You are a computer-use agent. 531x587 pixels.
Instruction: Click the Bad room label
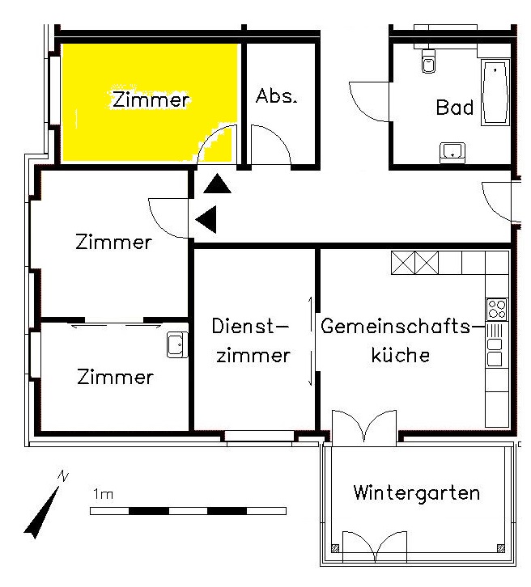pos(455,107)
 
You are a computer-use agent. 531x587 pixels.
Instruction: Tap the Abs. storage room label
pos(277,96)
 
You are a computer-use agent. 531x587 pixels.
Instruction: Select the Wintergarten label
pos(416,492)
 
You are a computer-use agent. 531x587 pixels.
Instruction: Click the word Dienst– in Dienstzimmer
pos(250,326)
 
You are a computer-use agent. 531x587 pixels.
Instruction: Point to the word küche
pos(400,354)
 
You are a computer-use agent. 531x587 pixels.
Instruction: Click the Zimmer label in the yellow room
pos(151,99)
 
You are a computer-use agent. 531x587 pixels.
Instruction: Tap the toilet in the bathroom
pos(428,60)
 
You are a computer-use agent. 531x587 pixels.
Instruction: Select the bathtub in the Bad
pos(495,92)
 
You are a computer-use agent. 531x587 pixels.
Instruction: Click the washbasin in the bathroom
pos(452,152)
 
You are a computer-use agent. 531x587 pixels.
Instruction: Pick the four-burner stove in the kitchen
pos(497,309)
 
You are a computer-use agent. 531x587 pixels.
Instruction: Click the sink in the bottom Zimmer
pos(177,344)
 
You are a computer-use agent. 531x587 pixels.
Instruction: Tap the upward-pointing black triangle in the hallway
pos(218,184)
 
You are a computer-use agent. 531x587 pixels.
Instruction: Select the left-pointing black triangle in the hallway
pos(206,219)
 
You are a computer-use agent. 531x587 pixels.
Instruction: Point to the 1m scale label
pos(103,494)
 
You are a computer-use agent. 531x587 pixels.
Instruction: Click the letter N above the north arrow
pos(63,475)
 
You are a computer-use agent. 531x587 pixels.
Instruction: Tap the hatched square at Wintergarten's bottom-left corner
pos(335,548)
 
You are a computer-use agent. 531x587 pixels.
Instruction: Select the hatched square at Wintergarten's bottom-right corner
pos(500,548)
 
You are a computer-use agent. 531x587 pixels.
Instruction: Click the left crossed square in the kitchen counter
pos(403,263)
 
